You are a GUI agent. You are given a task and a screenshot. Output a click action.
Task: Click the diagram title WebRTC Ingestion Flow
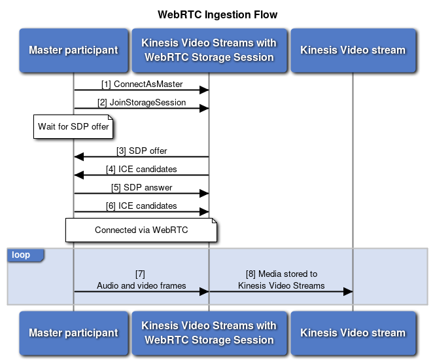pos(217,14)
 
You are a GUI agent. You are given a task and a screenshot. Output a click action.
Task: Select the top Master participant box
pos(73,50)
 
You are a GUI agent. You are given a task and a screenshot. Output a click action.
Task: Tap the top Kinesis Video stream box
pos(353,50)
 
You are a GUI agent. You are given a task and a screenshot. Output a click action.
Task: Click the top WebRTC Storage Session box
pos(209,50)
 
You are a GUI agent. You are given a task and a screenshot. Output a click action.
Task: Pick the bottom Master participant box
pos(73,333)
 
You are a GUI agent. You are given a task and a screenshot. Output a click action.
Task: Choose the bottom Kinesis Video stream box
pos(353,333)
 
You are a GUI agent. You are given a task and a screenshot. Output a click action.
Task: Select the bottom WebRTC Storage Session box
pos(209,333)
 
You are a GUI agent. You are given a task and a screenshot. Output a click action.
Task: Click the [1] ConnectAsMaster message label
pos(141,84)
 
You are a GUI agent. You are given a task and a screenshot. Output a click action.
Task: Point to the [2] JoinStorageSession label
pos(141,103)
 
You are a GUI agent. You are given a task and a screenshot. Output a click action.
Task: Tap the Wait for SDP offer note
pos(73,126)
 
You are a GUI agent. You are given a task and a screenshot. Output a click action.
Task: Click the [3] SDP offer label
pos(141,151)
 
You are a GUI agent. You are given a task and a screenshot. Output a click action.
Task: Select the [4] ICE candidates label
pos(141,170)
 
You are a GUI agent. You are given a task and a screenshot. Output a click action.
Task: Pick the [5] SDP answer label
pos(141,188)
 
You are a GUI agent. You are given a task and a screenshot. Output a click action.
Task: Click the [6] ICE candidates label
pos(141,206)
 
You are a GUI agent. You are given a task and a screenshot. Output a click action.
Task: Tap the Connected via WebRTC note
pos(141,230)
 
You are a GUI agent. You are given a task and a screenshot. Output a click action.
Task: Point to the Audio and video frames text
pos(141,285)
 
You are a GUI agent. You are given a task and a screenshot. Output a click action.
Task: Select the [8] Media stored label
pos(281,279)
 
